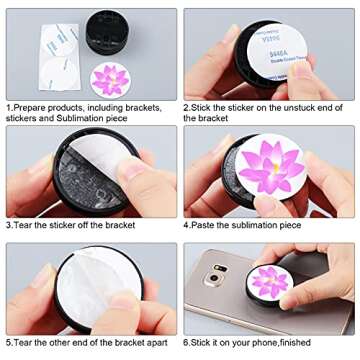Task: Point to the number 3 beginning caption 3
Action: [x=8, y=226]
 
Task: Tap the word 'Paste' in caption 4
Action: [x=204, y=226]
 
